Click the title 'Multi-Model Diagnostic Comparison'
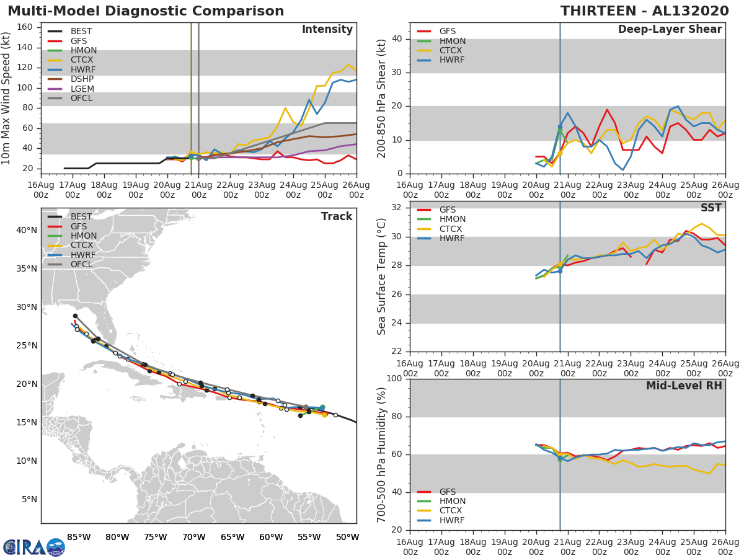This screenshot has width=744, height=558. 146,11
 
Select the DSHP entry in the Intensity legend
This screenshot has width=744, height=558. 82,79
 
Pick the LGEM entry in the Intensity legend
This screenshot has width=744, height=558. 82,89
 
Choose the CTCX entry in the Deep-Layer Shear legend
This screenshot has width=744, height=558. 452,50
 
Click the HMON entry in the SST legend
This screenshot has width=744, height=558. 452,219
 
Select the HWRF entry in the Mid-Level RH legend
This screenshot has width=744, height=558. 452,520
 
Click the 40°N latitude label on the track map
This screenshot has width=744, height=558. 26,230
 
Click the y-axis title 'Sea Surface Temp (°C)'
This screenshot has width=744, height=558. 382,277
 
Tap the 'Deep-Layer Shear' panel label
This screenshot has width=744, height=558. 670,30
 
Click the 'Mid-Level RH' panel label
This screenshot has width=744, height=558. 684,386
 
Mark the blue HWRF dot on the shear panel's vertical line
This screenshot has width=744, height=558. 560,126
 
